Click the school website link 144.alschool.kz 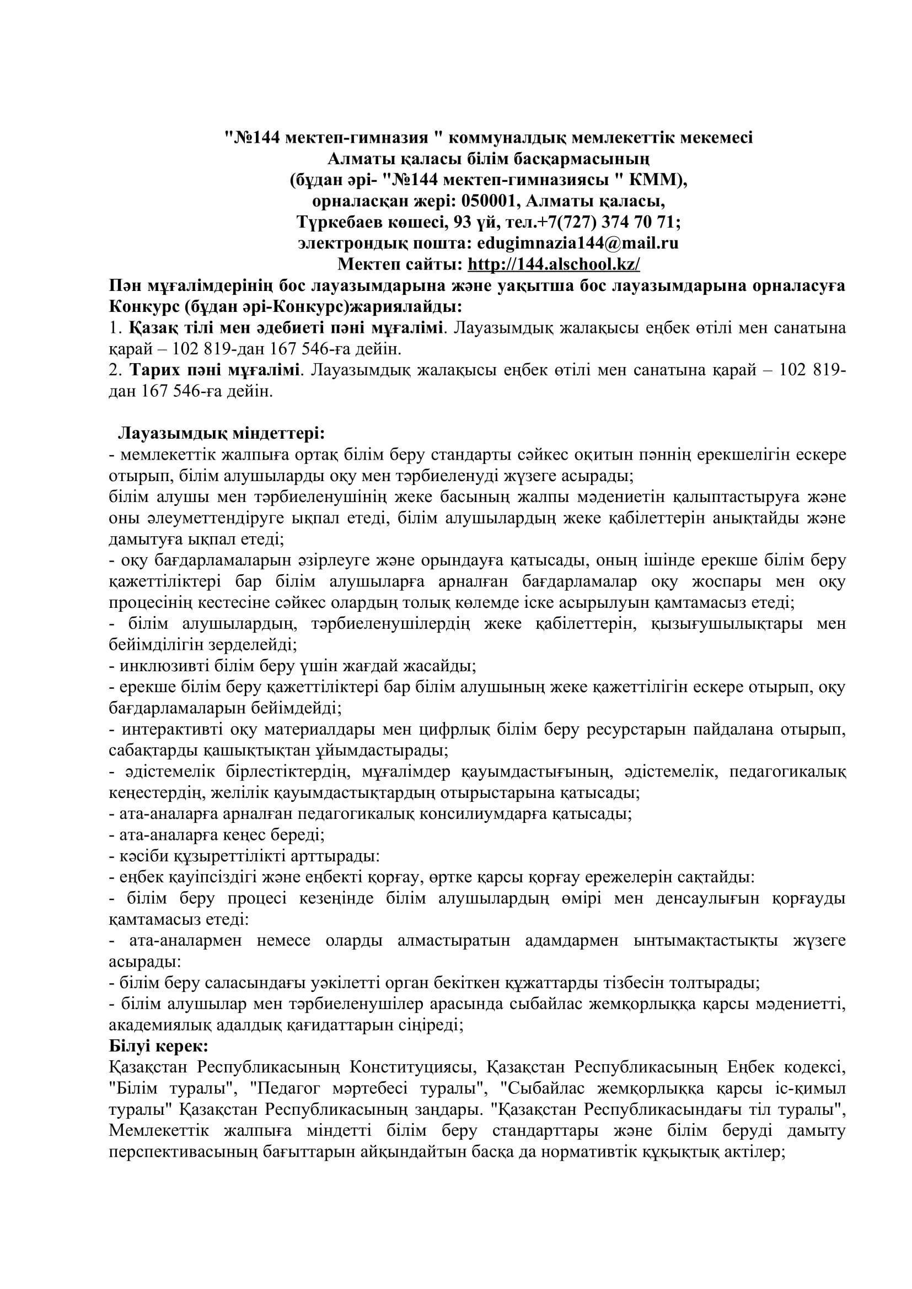point(554,264)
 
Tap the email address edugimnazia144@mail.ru point(577,243)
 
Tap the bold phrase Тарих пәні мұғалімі point(216,370)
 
